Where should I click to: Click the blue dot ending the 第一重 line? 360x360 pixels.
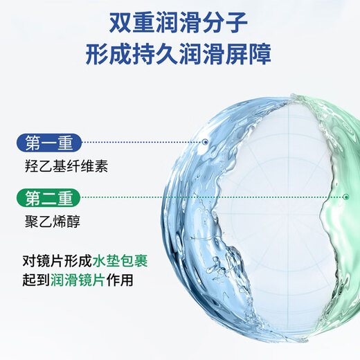pyautogui.click(x=206, y=142)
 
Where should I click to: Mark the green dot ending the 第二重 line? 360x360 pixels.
pyautogui.click(x=345, y=197)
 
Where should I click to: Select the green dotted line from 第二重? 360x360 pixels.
pyautogui.click(x=208, y=197)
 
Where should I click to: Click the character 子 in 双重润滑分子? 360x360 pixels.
pyautogui.click(x=237, y=23)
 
